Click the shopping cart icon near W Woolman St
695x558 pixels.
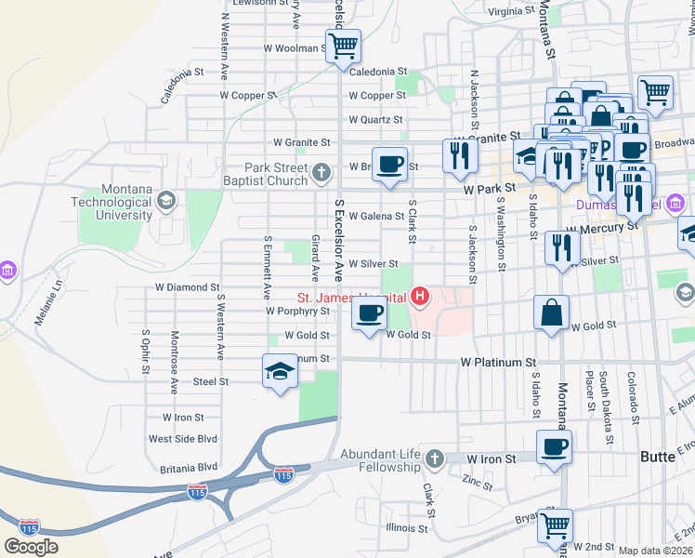click(343, 45)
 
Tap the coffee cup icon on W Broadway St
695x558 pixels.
click(390, 163)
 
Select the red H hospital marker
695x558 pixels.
click(420, 298)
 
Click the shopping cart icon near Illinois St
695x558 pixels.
click(555, 525)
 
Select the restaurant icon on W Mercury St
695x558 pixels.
click(562, 247)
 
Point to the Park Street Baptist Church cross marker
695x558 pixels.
click(321, 172)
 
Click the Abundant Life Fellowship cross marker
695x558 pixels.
click(433, 458)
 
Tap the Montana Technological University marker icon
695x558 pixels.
click(166, 200)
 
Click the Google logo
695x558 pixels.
click(31, 546)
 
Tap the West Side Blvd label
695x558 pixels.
click(182, 438)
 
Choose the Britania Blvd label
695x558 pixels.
click(182, 466)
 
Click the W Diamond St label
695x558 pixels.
click(187, 288)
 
